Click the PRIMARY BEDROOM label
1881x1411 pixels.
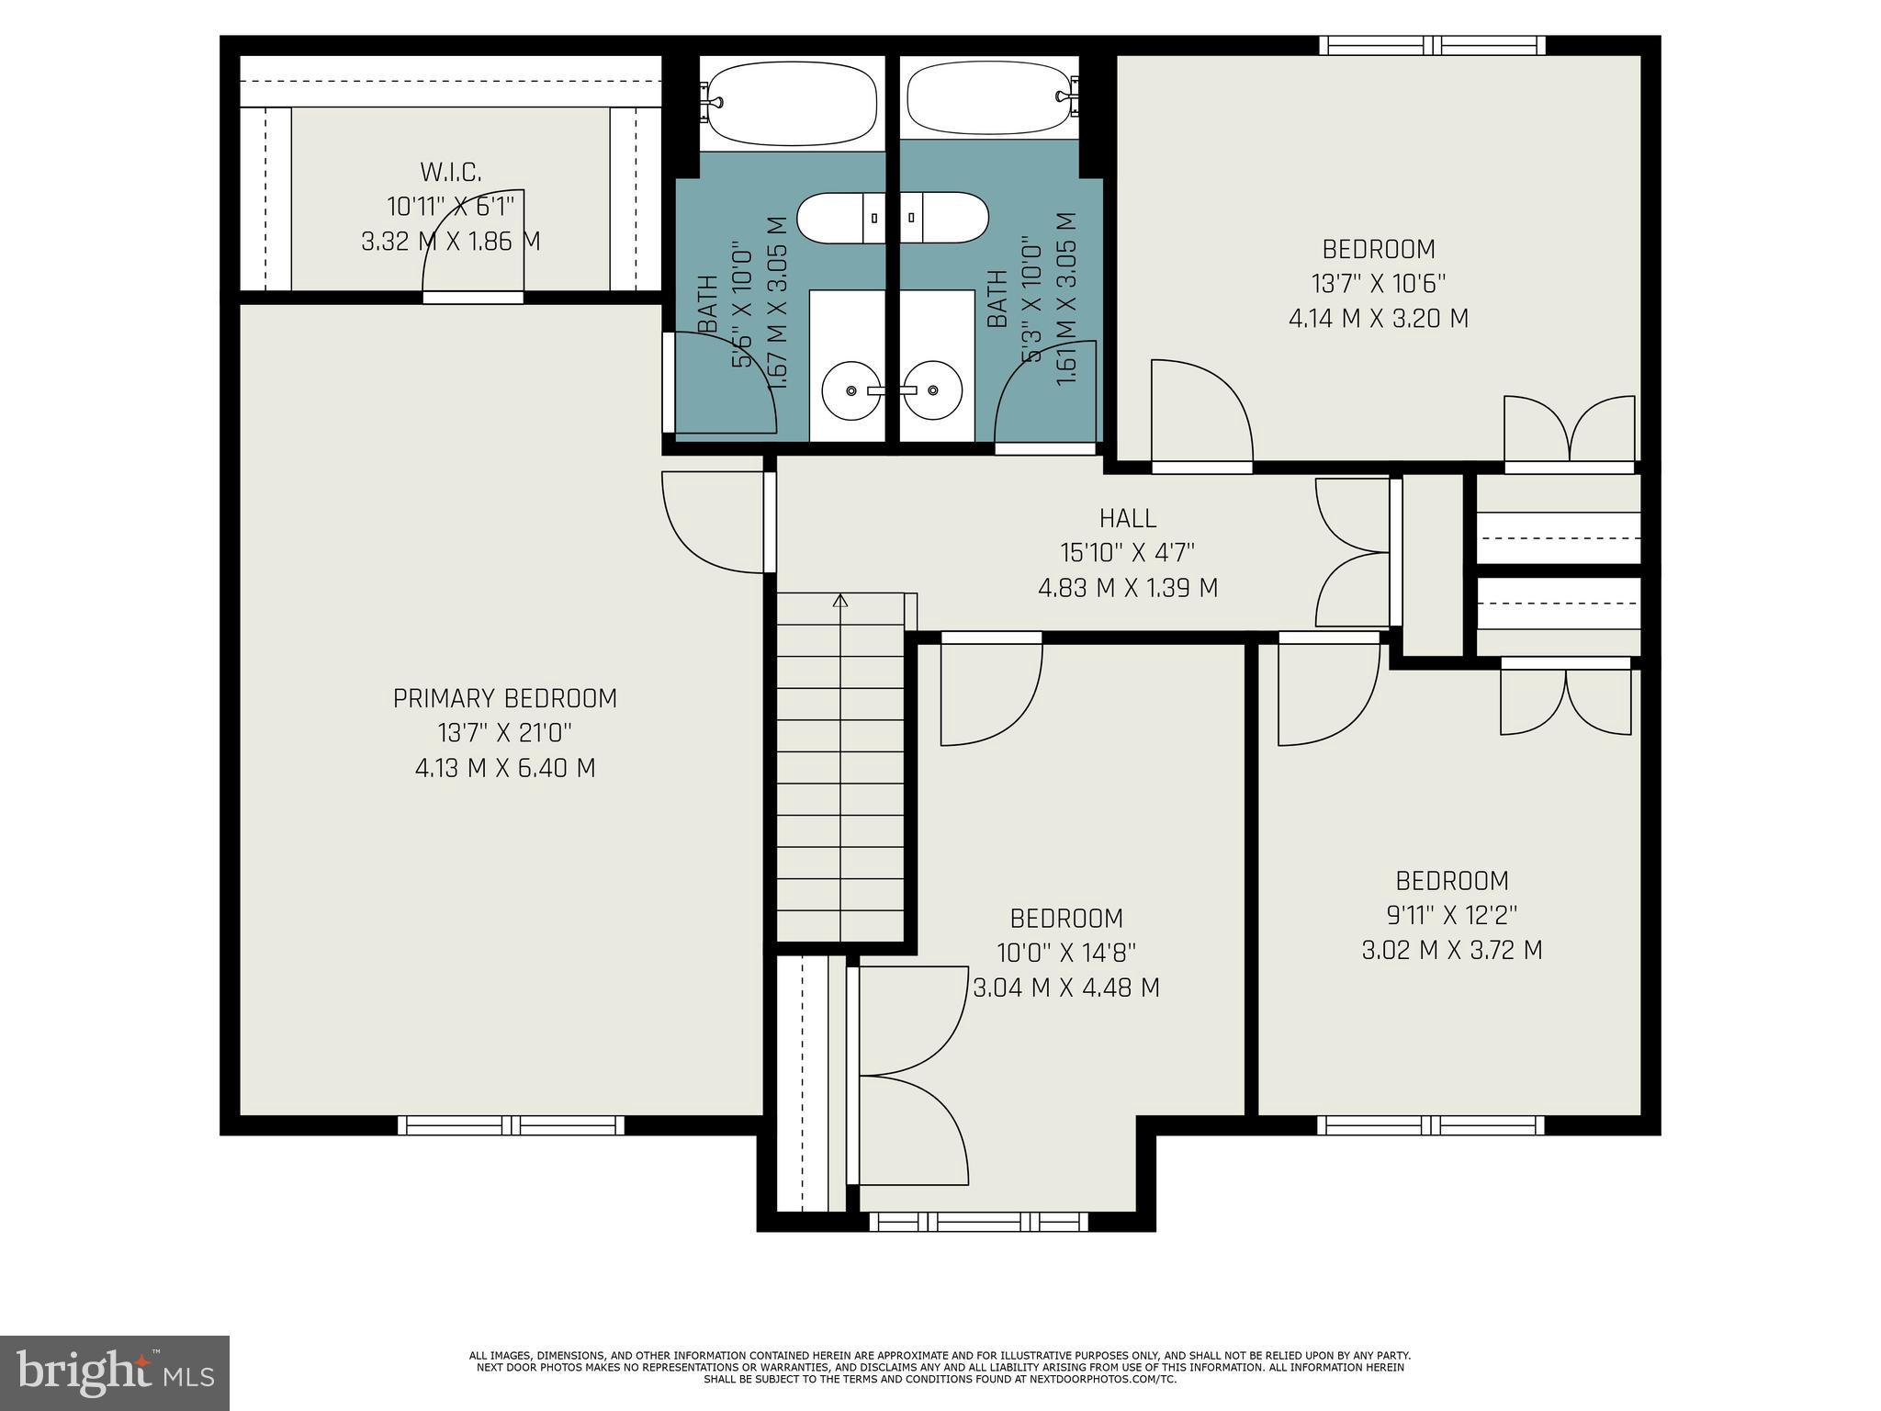point(504,699)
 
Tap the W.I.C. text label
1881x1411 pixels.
point(451,172)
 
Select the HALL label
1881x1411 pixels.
point(1128,519)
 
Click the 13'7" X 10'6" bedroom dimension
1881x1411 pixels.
point(1378,284)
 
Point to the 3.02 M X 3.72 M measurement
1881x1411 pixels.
point(1451,950)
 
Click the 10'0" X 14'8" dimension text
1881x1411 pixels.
point(1066,953)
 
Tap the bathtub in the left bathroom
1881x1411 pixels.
point(793,104)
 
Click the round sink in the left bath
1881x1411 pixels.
point(850,390)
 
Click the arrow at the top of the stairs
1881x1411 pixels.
point(840,601)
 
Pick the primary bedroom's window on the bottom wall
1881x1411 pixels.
point(511,1125)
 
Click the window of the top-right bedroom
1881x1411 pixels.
point(1433,45)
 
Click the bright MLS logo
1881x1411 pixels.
point(114,1372)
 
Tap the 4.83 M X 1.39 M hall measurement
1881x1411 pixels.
point(1128,588)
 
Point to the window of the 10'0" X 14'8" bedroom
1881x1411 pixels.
point(978,1222)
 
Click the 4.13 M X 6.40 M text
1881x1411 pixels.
point(504,768)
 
